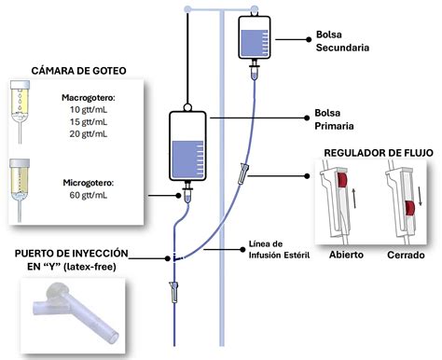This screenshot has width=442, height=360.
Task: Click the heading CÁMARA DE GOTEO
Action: [79, 71]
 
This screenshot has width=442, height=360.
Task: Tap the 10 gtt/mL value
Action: [89, 110]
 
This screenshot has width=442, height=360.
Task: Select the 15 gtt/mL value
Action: [89, 122]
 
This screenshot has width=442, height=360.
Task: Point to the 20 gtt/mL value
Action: [89, 134]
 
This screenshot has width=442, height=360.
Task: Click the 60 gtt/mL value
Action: [89, 195]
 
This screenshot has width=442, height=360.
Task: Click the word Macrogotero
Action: [88, 98]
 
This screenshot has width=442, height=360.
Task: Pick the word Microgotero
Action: [88, 183]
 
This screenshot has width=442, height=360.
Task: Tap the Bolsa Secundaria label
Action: [342, 41]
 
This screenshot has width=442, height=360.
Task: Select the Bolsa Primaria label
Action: [334, 119]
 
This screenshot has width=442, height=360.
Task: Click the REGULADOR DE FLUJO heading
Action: [379, 153]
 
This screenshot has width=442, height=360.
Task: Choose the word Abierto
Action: [346, 255]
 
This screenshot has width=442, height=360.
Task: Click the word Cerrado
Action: [406, 255]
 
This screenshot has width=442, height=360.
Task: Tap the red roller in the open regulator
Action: [342, 180]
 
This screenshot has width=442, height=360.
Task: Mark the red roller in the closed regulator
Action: [410, 208]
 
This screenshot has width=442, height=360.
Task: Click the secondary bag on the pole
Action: [255, 36]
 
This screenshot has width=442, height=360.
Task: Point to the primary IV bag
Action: [187, 146]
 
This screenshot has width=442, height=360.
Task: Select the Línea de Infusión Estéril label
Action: [279, 250]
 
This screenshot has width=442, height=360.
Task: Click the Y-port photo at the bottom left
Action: [74, 315]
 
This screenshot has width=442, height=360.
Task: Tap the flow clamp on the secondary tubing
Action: [243, 173]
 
